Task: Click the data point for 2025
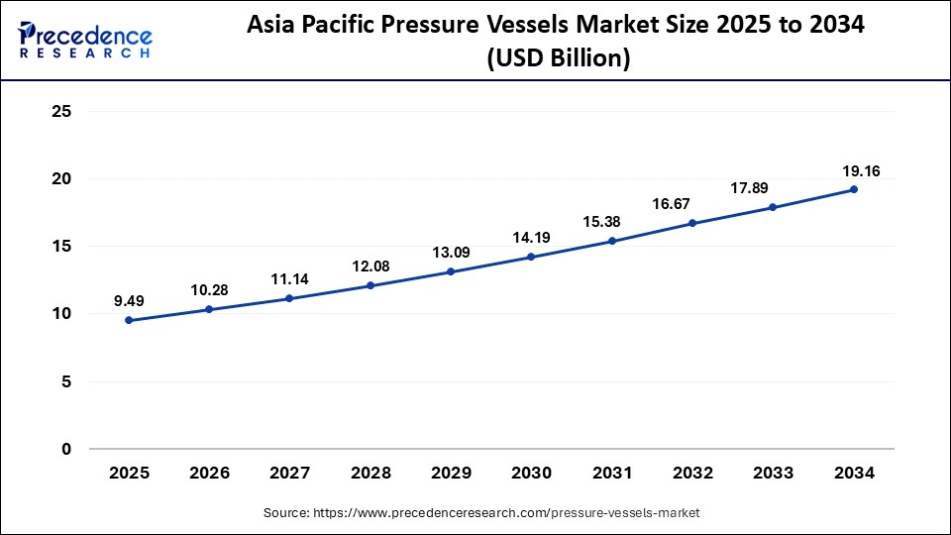pyautogui.click(x=129, y=320)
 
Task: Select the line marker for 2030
pyautogui.click(x=531, y=257)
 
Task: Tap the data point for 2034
pyautogui.click(x=853, y=189)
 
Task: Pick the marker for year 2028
pyautogui.click(x=370, y=285)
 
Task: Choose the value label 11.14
pyautogui.click(x=289, y=278)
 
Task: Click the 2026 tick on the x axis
pyautogui.click(x=209, y=474)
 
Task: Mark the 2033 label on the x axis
pyautogui.click(x=773, y=474)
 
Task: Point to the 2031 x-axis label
pyautogui.click(x=612, y=474)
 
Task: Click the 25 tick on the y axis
pyautogui.click(x=61, y=112)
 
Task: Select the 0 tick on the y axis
pyautogui.click(x=66, y=449)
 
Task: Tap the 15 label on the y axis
pyautogui.click(x=61, y=247)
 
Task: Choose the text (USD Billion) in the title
pyautogui.click(x=560, y=58)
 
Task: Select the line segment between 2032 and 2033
pyautogui.click(x=733, y=215)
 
